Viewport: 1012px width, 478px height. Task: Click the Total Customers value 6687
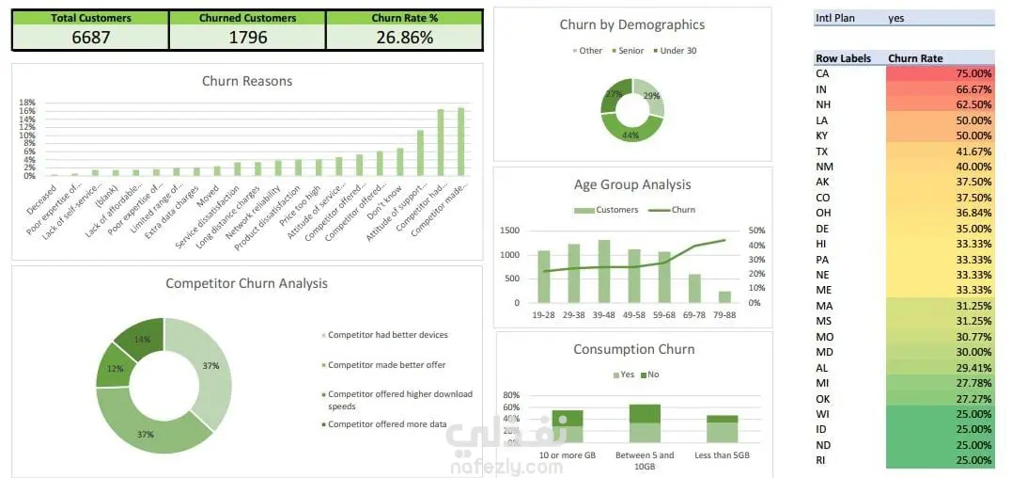pyautogui.click(x=90, y=38)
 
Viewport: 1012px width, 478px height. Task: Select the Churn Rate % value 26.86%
pyautogui.click(x=403, y=38)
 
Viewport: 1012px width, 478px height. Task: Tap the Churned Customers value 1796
pyautogui.click(x=247, y=38)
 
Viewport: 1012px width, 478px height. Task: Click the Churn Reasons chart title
pyautogui.click(x=247, y=81)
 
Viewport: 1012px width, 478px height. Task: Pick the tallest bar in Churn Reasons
pyautogui.click(x=460, y=141)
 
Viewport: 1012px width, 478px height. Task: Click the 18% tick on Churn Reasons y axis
pyautogui.click(x=27, y=103)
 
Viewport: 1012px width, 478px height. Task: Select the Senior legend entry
pyautogui.click(x=629, y=51)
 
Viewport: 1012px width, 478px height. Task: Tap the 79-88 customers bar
pyautogui.click(x=724, y=296)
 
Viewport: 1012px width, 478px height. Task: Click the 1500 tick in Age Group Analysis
pyautogui.click(x=510, y=231)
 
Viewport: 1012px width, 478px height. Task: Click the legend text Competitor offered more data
pyautogui.click(x=387, y=424)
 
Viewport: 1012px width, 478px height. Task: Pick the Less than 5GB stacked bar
pyautogui.click(x=723, y=428)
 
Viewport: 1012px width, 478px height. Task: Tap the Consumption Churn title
pyautogui.click(x=633, y=349)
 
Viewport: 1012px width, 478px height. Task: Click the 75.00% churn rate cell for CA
pyautogui.click(x=940, y=73)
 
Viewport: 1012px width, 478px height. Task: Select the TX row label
pyautogui.click(x=822, y=151)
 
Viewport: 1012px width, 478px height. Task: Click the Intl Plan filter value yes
pyautogui.click(x=896, y=18)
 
